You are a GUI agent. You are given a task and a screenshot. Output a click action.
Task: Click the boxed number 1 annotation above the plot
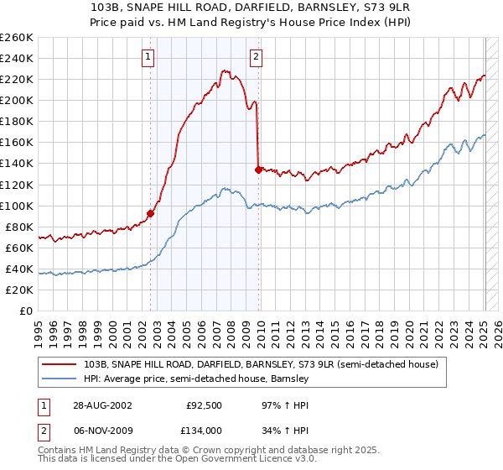pos(148,57)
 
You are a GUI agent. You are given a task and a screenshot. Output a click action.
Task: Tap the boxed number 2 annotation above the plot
pos(255,57)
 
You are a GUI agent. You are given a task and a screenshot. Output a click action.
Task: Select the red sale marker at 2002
pos(151,213)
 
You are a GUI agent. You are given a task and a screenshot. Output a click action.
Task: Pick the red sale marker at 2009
pos(258,170)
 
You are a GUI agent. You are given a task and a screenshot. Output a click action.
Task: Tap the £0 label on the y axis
pos(26,311)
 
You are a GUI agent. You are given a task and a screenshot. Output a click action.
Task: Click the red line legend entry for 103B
pos(261,364)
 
